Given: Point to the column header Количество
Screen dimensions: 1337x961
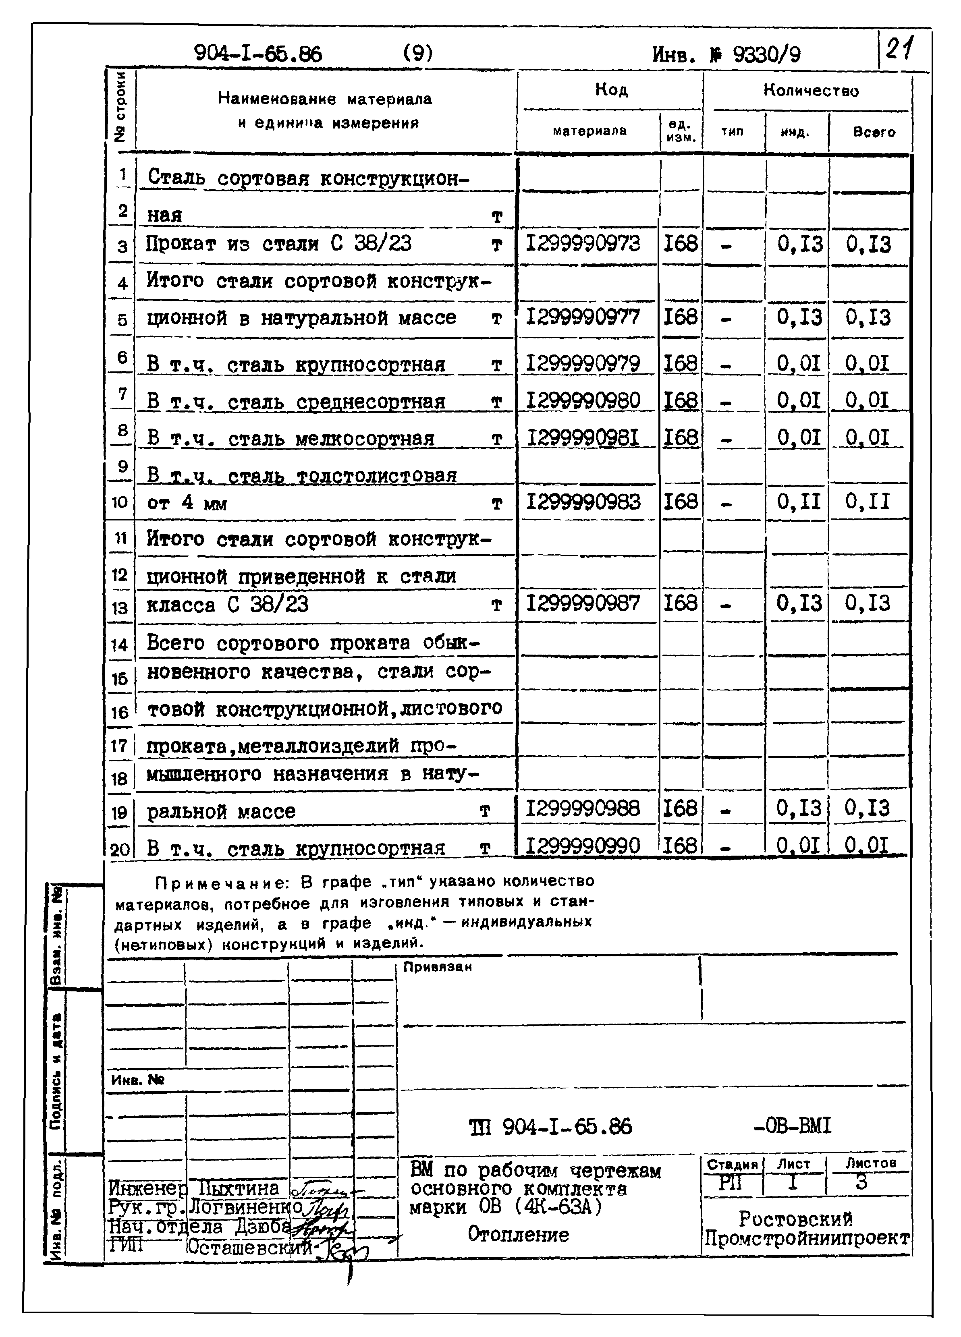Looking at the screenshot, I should [811, 90].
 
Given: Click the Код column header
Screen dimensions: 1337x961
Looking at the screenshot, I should [611, 89].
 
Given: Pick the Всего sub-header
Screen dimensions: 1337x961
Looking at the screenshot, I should [874, 132].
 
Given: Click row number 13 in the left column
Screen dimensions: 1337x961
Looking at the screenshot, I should [120, 607].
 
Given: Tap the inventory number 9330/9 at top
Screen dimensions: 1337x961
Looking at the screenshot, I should [766, 55].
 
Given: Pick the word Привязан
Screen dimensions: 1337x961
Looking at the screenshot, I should [438, 967].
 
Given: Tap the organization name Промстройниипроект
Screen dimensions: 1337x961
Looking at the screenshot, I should [807, 1238].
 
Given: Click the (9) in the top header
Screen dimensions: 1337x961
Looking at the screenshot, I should [418, 53].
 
